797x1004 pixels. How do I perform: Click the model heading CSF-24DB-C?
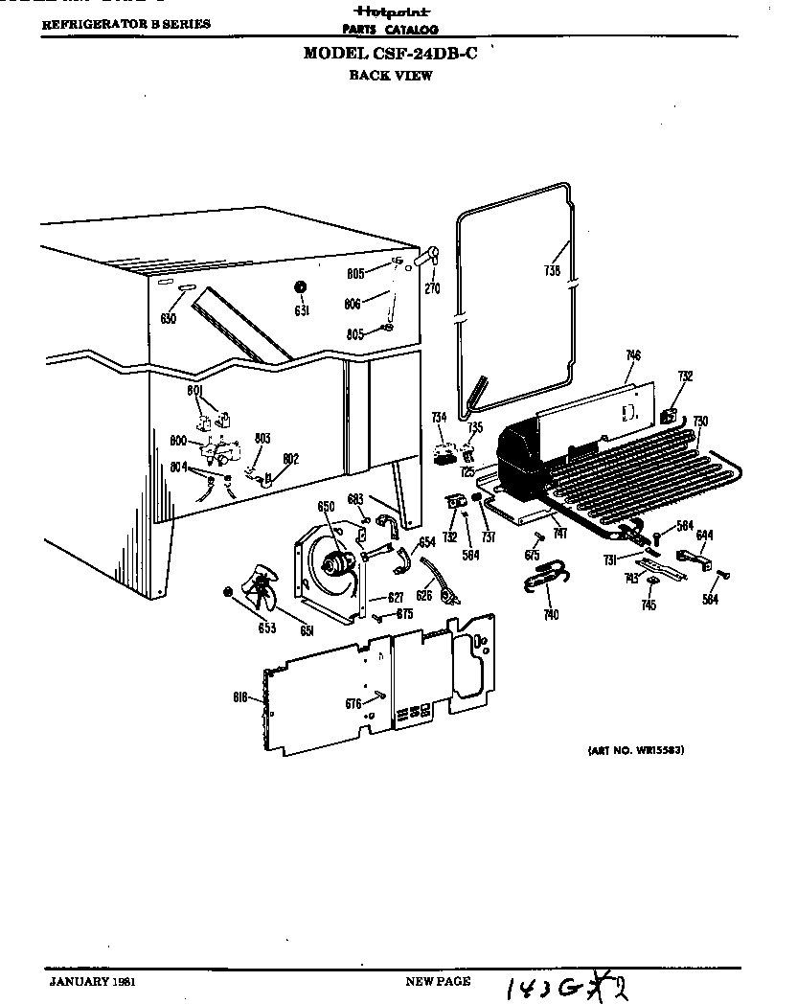[390, 54]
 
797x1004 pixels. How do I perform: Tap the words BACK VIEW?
[390, 76]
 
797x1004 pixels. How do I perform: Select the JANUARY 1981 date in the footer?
[92, 982]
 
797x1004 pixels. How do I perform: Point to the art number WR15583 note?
[634, 750]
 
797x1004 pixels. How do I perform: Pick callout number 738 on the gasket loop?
[551, 271]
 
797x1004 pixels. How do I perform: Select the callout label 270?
[432, 288]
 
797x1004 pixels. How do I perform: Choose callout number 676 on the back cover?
[353, 704]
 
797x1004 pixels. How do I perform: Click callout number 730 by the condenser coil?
[700, 421]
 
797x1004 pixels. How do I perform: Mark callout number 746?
[632, 356]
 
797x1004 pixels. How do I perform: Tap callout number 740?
[551, 615]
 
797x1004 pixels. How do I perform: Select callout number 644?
[704, 535]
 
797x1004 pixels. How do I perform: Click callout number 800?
[179, 441]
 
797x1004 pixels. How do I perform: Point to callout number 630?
[169, 318]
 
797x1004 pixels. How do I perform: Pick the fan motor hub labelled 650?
[336, 563]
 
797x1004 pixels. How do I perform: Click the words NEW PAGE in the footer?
[438, 982]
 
